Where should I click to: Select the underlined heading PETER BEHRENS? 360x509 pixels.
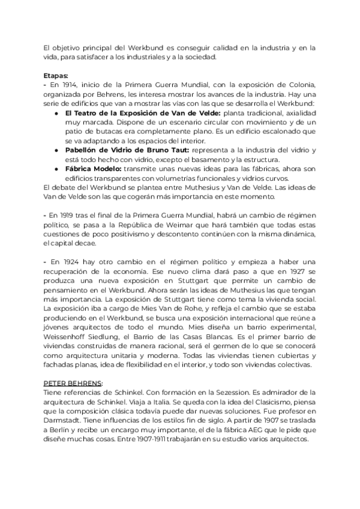[73, 382]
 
